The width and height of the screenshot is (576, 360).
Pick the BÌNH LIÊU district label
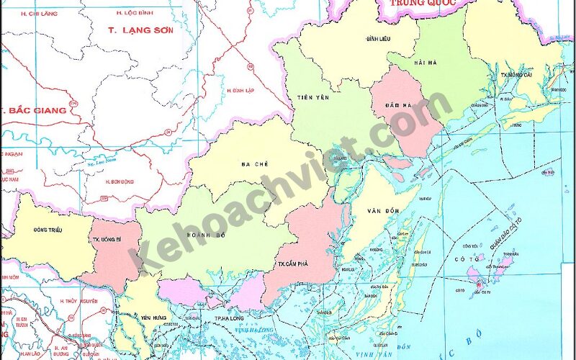tap(377, 37)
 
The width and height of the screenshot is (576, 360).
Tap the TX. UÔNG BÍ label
tap(106, 240)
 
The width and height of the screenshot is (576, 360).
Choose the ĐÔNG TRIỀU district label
tap(48, 230)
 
